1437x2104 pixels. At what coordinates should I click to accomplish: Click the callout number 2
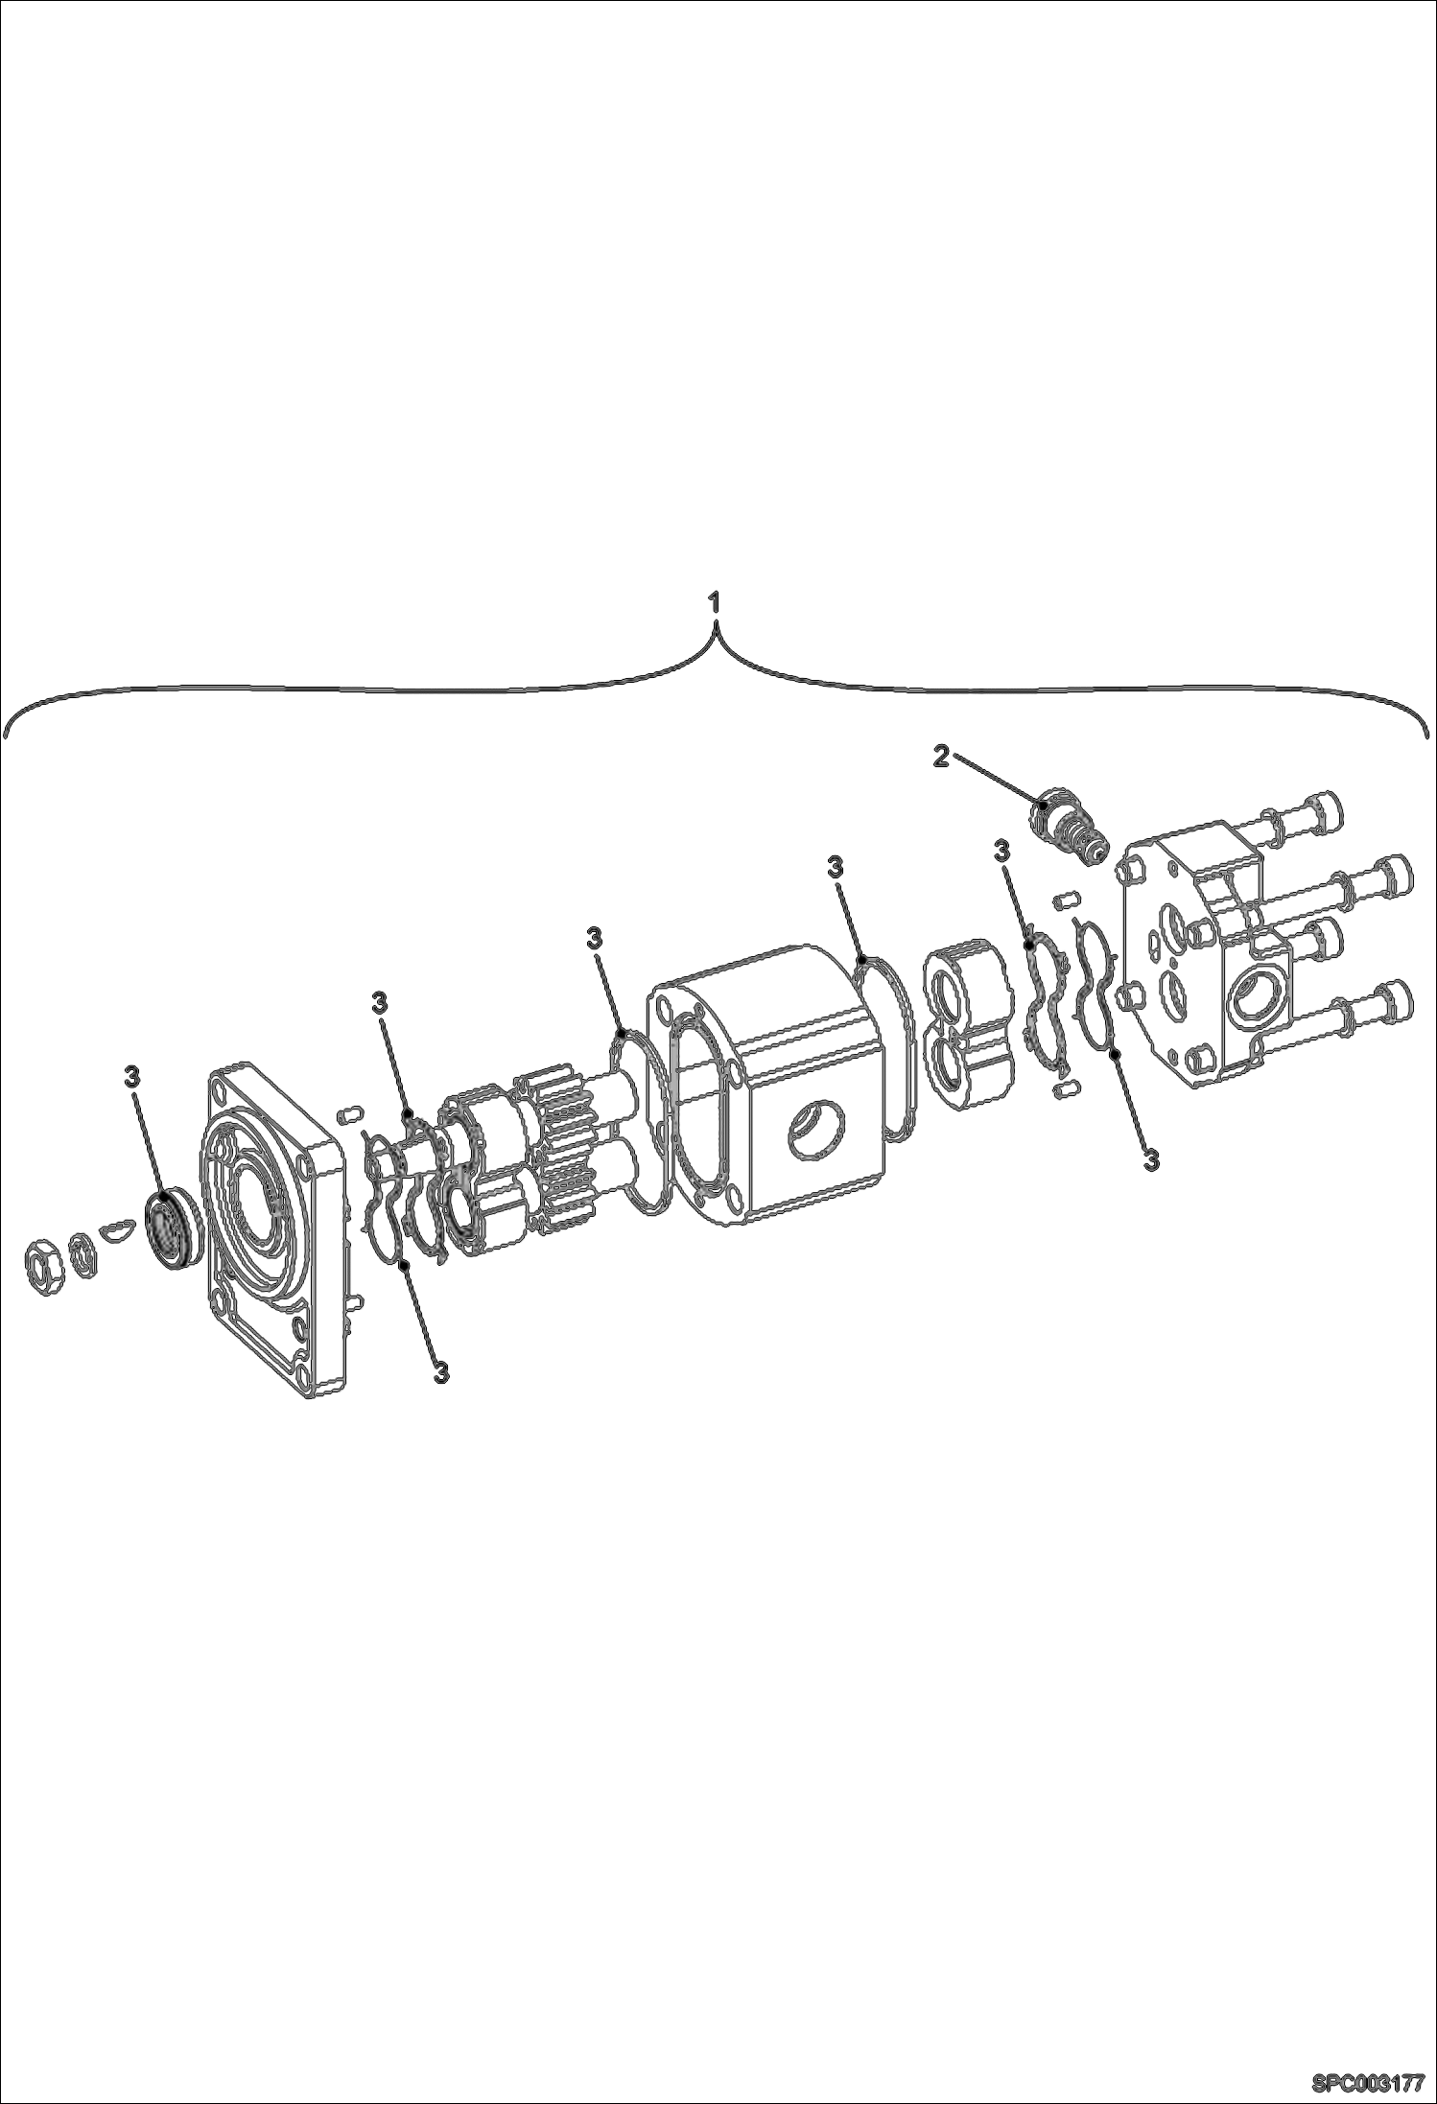[x=941, y=757]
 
